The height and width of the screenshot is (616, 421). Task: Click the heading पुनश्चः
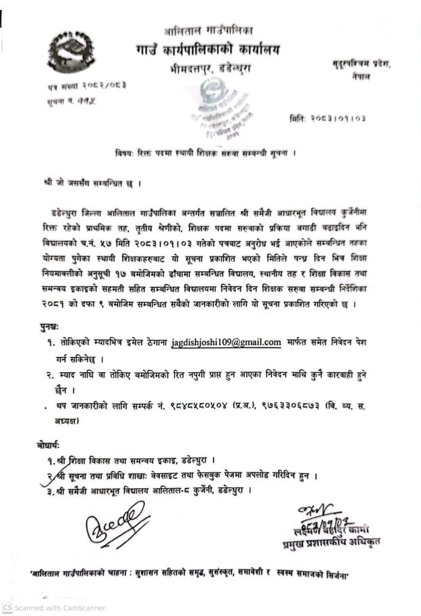point(49,328)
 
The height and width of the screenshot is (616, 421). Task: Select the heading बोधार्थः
point(49,445)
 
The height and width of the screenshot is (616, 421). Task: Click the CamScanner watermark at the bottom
point(54,608)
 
